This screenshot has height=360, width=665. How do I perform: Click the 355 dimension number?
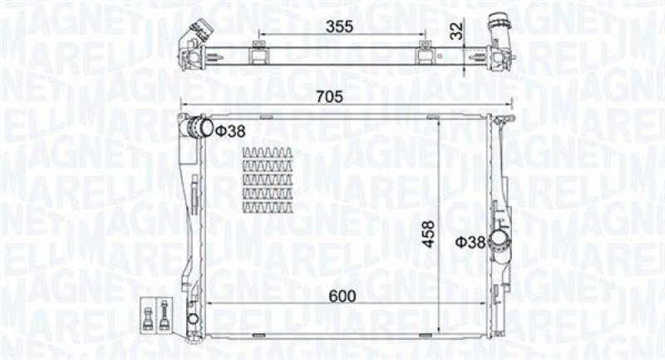tap(339, 26)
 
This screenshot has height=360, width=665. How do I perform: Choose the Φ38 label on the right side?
tap(470, 242)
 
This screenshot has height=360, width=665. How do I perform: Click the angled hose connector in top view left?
tap(191, 41)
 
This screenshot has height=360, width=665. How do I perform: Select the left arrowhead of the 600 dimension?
tap(209, 304)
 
